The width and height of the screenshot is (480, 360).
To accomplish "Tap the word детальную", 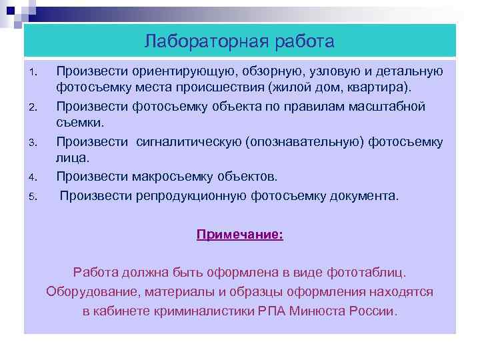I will click(x=405, y=71).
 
